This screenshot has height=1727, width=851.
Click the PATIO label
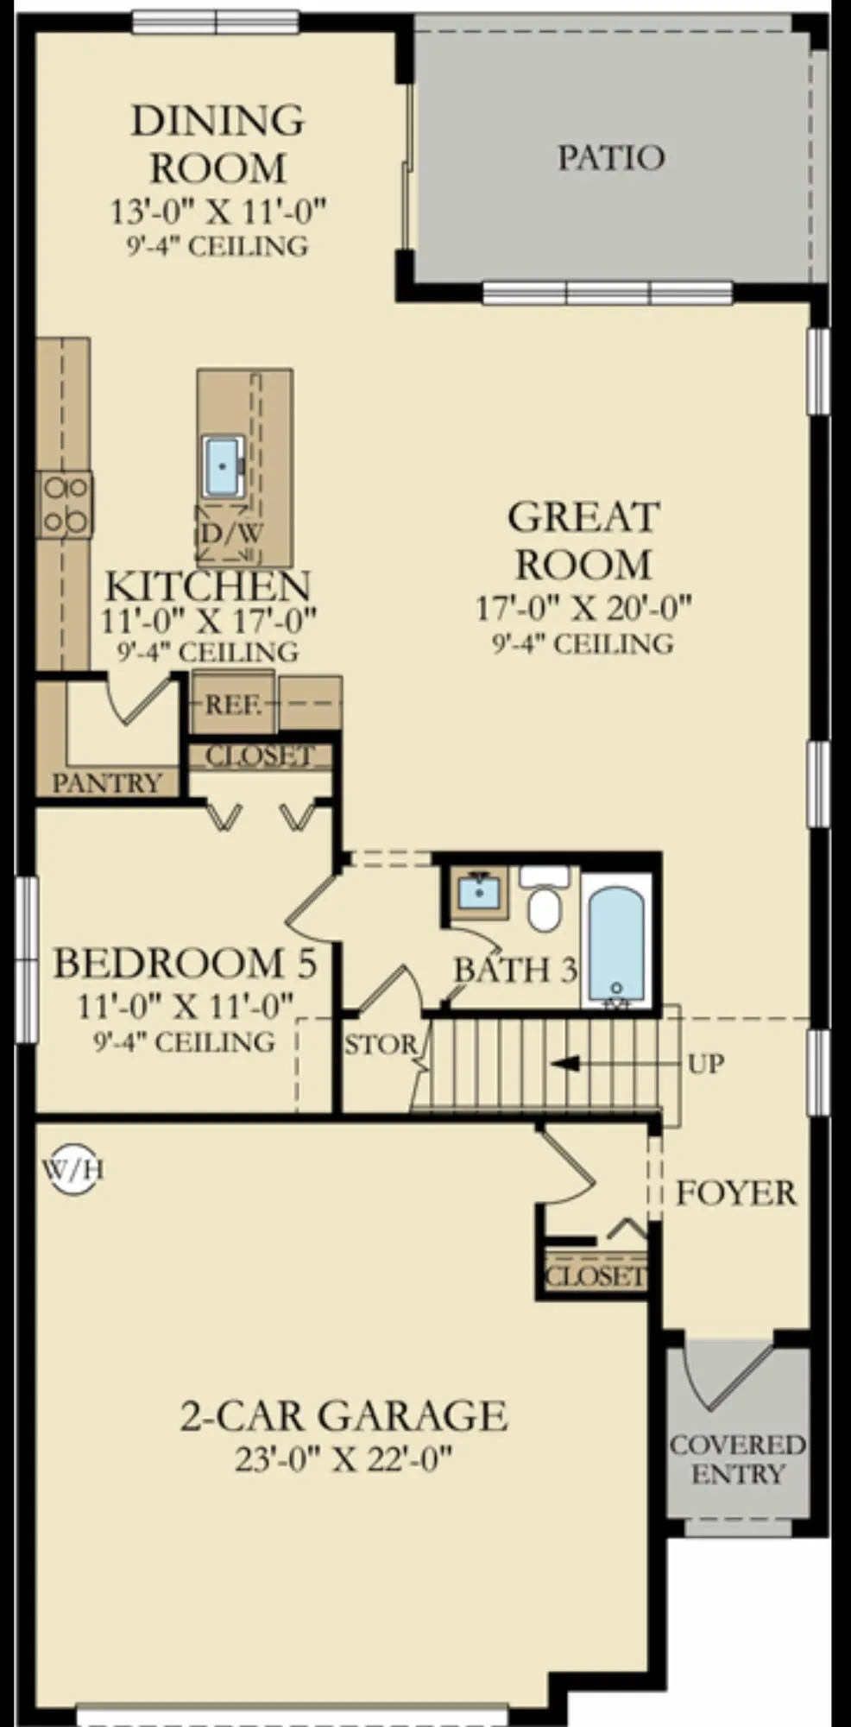tap(611, 158)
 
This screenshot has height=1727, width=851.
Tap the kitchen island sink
tap(224, 466)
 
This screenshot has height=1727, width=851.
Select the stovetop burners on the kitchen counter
tap(66, 504)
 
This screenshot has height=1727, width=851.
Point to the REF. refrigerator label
tap(233, 705)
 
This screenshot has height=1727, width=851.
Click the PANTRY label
tap(107, 783)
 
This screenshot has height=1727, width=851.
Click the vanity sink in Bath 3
tap(477, 892)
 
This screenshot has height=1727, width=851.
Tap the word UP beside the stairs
tap(706, 1064)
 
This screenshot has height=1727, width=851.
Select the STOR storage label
tap(380, 1046)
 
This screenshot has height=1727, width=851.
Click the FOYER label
tap(736, 1193)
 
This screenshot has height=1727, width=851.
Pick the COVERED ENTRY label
tap(738, 1458)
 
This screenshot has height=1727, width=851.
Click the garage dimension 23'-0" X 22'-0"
tap(344, 1460)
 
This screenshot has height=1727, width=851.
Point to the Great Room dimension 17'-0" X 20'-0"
tap(583, 608)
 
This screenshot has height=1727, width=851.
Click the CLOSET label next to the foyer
tap(596, 1275)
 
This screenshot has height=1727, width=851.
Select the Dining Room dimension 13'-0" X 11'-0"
tap(218, 211)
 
